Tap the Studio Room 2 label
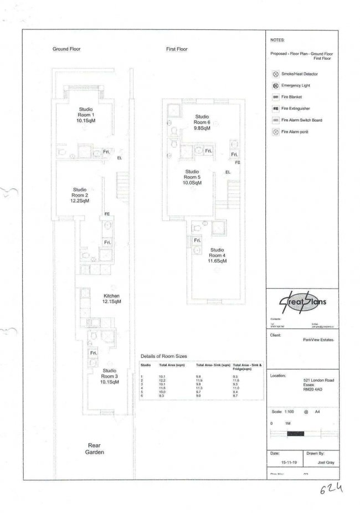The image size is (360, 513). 80,196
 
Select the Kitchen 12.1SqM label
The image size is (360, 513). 111,299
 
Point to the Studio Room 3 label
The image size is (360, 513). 109,376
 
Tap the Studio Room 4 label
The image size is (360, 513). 217,255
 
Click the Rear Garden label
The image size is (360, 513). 97,448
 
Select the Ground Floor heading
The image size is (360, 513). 66,49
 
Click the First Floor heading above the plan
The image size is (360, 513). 177,49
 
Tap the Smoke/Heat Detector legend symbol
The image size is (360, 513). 275,74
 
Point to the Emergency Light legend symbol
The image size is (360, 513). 275,86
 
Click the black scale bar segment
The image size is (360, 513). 296,433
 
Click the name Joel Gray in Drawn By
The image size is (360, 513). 317,463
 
